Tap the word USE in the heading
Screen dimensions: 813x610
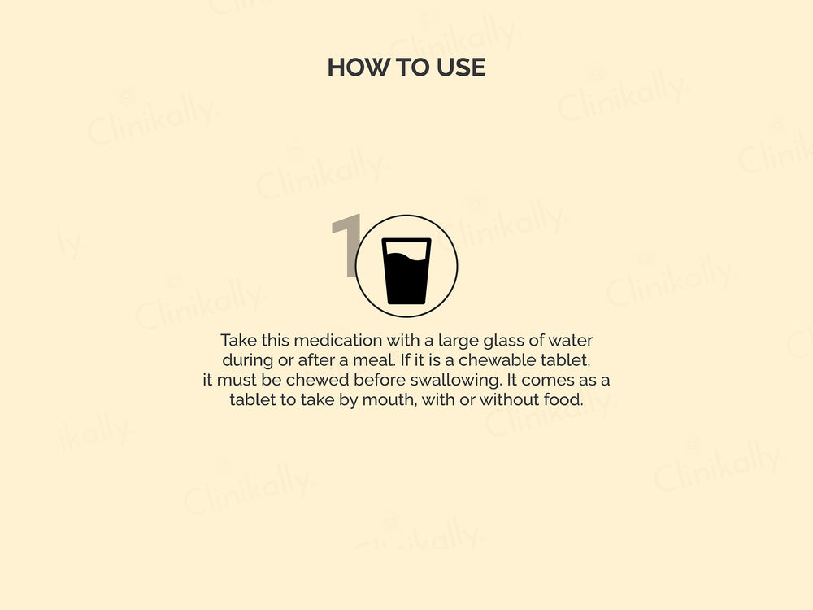click(461, 68)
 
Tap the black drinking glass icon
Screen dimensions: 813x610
click(406, 271)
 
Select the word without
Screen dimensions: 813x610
click(509, 399)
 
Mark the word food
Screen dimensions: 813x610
click(563, 399)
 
